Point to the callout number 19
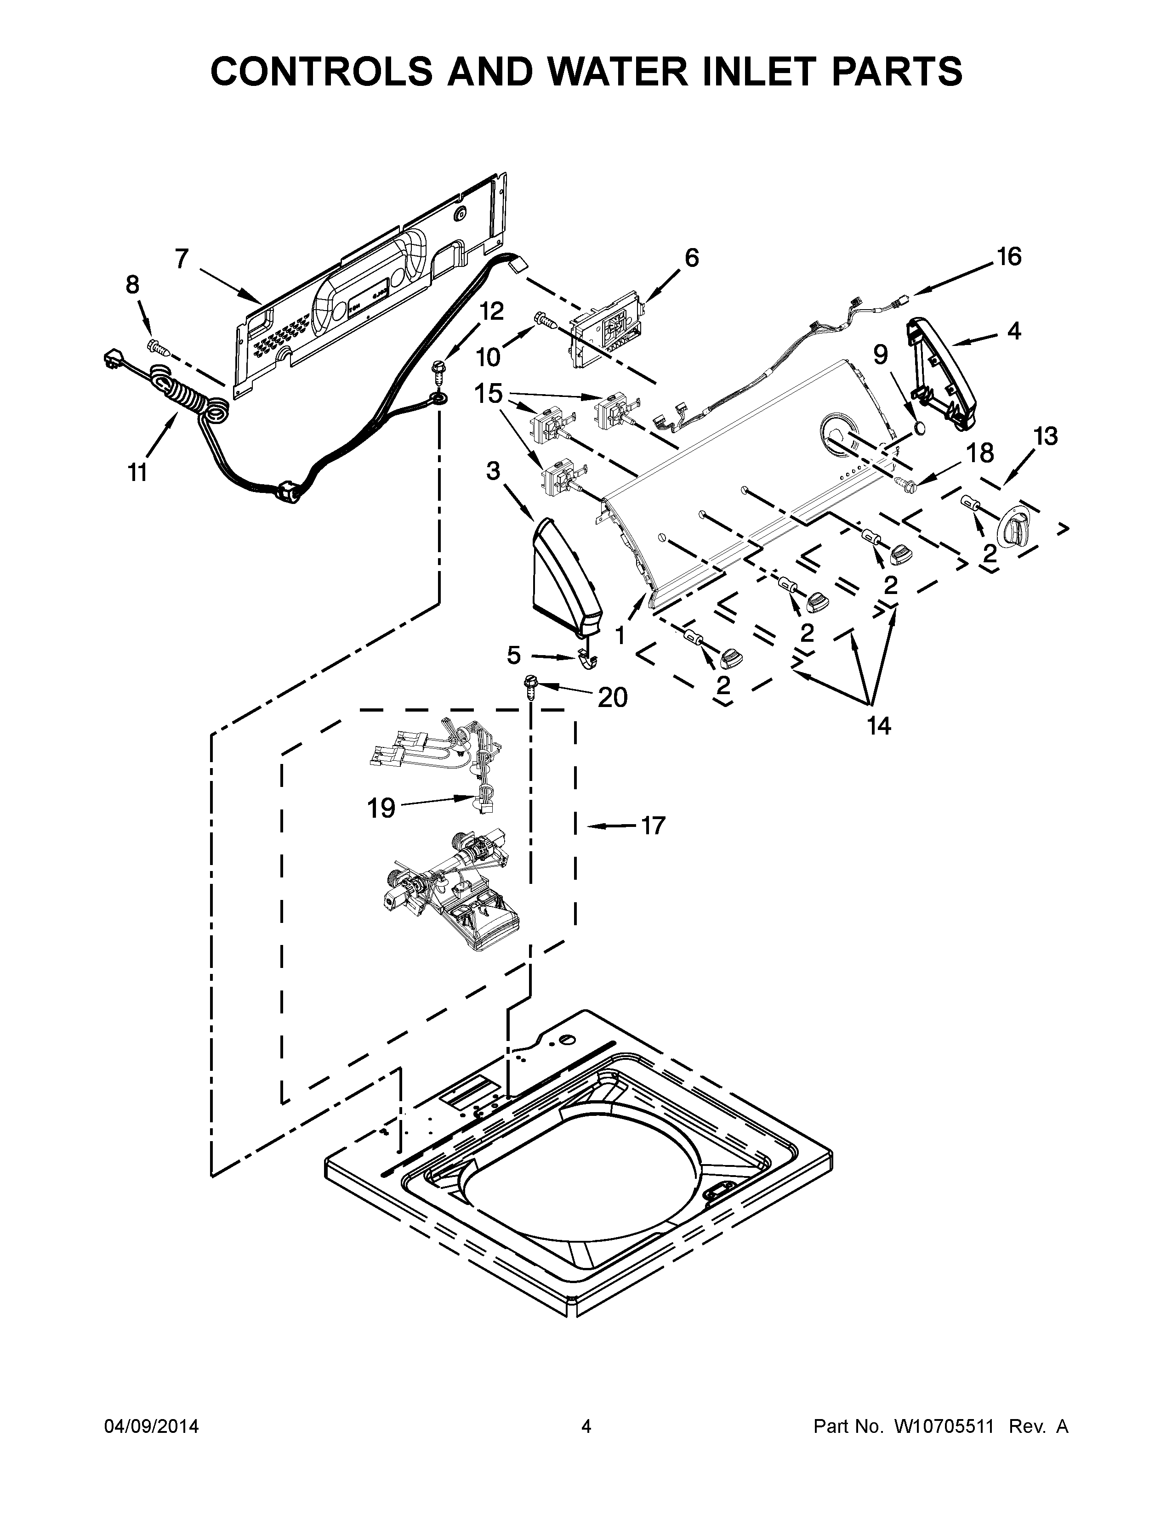click(381, 807)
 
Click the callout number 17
click(653, 826)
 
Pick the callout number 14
click(878, 726)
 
